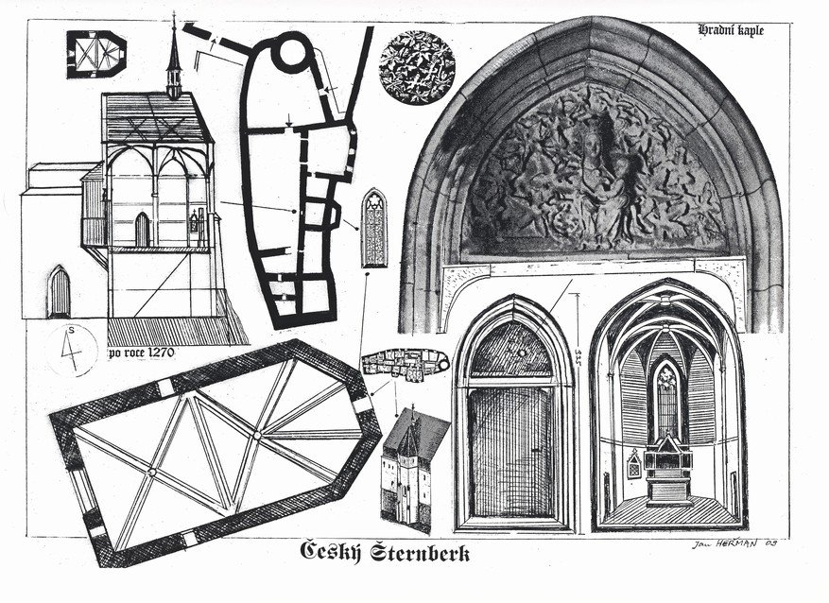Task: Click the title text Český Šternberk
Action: pos(385,551)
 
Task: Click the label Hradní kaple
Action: pos(731,30)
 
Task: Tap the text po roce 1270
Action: pos(147,355)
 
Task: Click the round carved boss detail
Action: pos(417,67)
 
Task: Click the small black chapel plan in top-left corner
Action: pos(95,53)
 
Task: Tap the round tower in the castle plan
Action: pos(289,54)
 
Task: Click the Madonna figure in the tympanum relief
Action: pos(594,180)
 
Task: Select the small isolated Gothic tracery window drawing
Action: pos(374,228)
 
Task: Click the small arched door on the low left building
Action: pos(59,292)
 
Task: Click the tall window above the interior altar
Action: pos(667,397)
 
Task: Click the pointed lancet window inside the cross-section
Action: pos(142,229)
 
